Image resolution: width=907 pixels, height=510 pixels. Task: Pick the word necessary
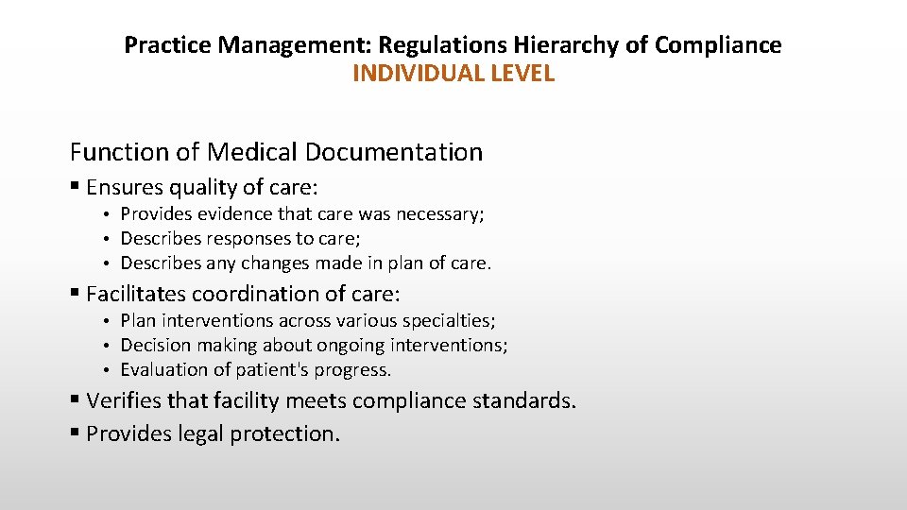point(444,214)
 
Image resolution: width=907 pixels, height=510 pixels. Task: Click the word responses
point(232,239)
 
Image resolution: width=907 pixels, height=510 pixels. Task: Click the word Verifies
point(124,400)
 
